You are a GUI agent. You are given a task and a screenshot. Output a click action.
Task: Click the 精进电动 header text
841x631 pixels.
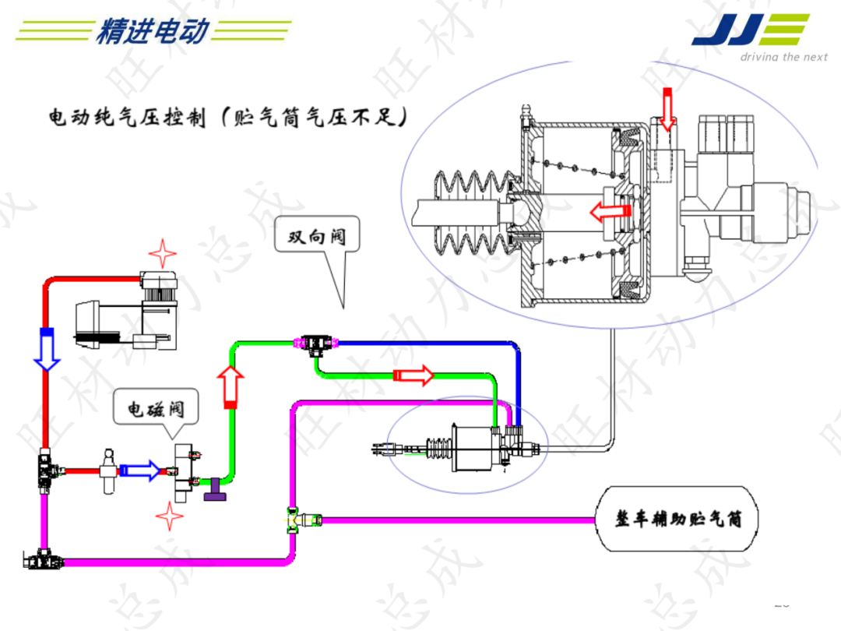pyautogui.click(x=153, y=31)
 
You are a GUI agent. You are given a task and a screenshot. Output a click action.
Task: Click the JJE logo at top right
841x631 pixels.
pyautogui.click(x=749, y=31)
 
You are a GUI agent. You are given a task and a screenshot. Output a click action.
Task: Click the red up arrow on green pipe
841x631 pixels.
pyautogui.click(x=230, y=386)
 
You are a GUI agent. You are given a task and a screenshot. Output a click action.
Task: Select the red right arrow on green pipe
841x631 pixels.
pyautogui.click(x=413, y=375)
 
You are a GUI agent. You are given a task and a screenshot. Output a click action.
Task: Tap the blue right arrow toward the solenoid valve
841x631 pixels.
pyautogui.click(x=140, y=470)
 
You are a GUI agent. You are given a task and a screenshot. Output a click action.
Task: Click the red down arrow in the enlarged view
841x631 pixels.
pyautogui.click(x=666, y=109)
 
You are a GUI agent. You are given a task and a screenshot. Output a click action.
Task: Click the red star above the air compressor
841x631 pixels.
pyautogui.click(x=162, y=253)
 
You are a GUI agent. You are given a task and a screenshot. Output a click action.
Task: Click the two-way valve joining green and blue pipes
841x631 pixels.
pyautogui.click(x=315, y=342)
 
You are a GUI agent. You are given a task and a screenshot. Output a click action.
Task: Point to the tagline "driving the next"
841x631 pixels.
pyautogui.click(x=783, y=57)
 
